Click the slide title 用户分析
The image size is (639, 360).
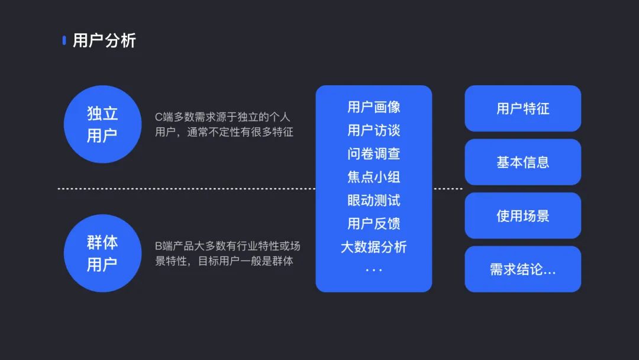pyautogui.click(x=104, y=40)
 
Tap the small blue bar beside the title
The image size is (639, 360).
pyautogui.click(x=64, y=40)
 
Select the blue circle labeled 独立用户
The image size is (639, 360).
pyautogui.click(x=102, y=124)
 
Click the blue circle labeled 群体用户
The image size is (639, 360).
pyautogui.click(x=102, y=253)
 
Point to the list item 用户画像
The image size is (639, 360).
pyautogui.click(x=373, y=107)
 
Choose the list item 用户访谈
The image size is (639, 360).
pyautogui.click(x=373, y=130)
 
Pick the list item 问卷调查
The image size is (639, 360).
pyautogui.click(x=373, y=154)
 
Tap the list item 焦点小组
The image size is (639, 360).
pyautogui.click(x=373, y=177)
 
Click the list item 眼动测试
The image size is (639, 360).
pyautogui.click(x=373, y=200)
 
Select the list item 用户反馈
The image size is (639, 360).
pyautogui.click(x=373, y=224)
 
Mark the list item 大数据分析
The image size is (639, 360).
pyautogui.click(x=373, y=247)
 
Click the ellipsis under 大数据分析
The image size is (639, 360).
pyautogui.click(x=373, y=269)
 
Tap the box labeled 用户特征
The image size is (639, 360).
pyautogui.click(x=522, y=108)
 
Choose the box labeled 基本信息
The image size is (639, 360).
pyautogui.click(x=522, y=162)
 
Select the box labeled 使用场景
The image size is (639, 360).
pyautogui.click(x=522, y=216)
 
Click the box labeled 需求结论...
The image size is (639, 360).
pyautogui.click(x=522, y=269)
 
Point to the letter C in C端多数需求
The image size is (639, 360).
pyautogui.click(x=159, y=118)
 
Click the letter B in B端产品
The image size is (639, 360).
pyautogui.click(x=159, y=246)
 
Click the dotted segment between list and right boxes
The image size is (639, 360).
pyautogui.click(x=448, y=189)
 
